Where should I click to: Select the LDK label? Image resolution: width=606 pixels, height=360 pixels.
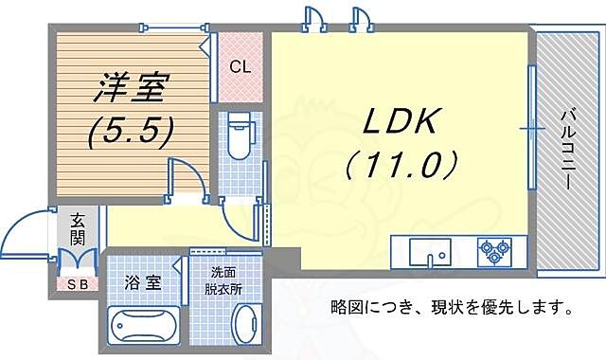click(398, 122)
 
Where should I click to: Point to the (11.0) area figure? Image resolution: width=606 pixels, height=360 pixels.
click(401, 165)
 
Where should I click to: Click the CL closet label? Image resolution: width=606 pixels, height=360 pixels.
click(241, 67)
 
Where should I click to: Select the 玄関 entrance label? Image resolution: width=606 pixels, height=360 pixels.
click(77, 228)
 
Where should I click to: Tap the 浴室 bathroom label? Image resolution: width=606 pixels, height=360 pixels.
click(139, 281)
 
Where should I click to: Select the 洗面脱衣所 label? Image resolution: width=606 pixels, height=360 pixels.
click(225, 280)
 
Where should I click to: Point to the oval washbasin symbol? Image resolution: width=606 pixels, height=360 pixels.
click(245, 328)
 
